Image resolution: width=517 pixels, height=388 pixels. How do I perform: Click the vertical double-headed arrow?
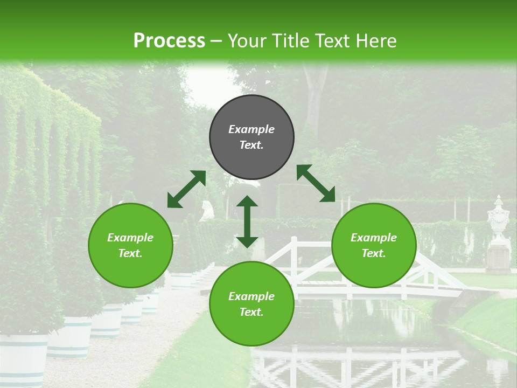pyautogui.click(x=247, y=221)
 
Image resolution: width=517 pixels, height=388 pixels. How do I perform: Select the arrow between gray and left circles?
pyautogui.click(x=186, y=189)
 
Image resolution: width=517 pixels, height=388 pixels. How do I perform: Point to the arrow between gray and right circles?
pyautogui.click(x=316, y=183)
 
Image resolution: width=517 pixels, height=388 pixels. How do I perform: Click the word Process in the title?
pyautogui.click(x=169, y=40)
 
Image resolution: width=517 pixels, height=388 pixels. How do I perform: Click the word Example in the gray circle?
pyautogui.click(x=251, y=129)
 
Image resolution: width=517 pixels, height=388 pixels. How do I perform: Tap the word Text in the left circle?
pyautogui.click(x=130, y=253)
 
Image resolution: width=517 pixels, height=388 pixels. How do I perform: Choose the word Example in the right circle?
pyautogui.click(x=374, y=238)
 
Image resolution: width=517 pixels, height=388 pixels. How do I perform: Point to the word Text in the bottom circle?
pyautogui.click(x=251, y=312)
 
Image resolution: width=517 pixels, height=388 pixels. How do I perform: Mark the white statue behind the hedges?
pyautogui.click(x=207, y=210)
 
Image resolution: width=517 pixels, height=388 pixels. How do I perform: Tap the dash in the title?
pyautogui.click(x=216, y=40)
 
